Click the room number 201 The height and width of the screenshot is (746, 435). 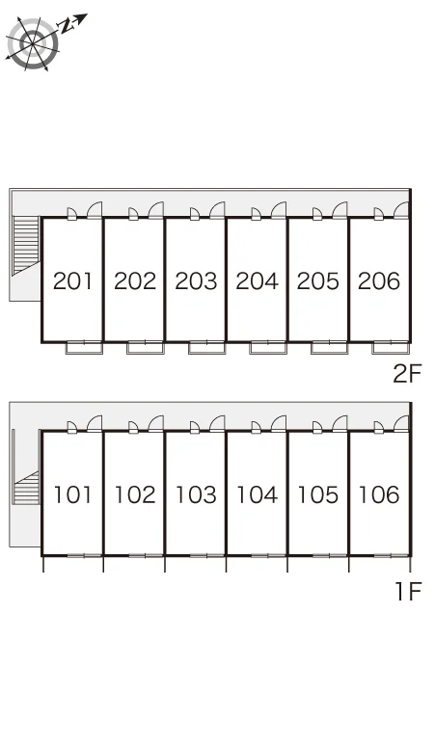(72, 281)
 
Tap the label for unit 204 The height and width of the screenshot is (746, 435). (257, 281)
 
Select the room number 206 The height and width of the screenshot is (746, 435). (379, 281)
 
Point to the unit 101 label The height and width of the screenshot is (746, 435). (72, 494)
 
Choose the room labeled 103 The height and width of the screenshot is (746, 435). (196, 494)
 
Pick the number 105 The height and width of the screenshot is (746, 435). (318, 494)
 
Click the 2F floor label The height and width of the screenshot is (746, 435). (407, 373)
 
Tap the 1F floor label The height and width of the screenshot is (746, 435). (409, 592)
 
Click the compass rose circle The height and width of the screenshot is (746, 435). (33, 43)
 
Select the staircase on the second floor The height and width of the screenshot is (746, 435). (26, 245)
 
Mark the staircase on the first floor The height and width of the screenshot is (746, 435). (26, 488)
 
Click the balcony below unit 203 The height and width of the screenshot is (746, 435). (206, 348)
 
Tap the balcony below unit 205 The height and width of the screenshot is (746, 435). (329, 348)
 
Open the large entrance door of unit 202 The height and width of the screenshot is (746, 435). (155, 210)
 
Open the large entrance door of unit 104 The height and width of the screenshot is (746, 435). (279, 423)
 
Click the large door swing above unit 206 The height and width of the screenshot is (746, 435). (401, 210)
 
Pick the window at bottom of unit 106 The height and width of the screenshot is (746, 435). (391, 555)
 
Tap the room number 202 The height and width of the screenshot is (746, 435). (135, 281)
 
